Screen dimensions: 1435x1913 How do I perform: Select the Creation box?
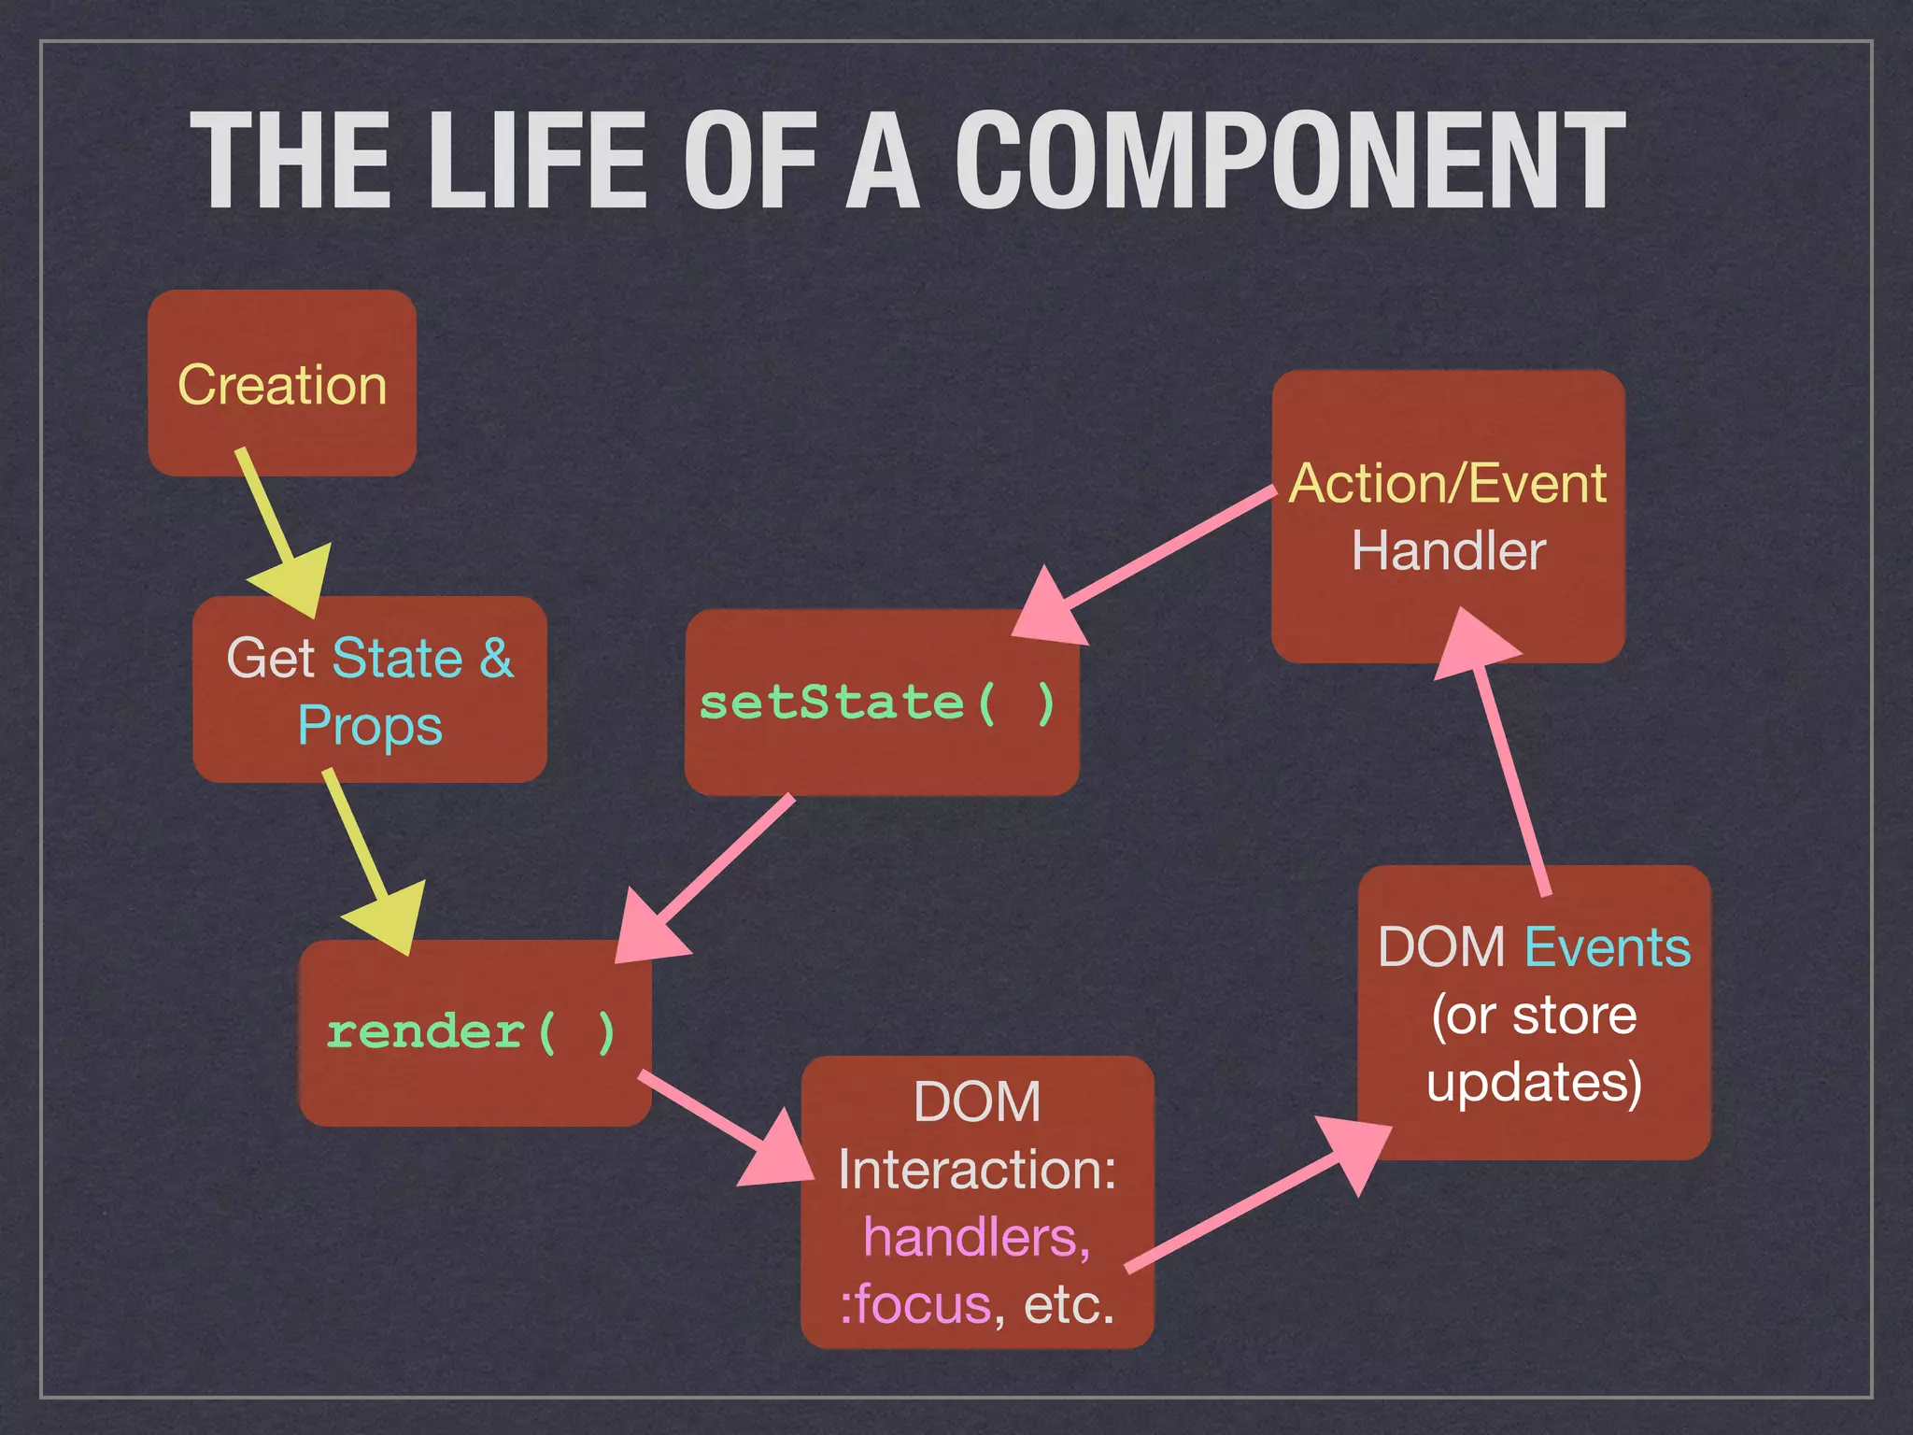(282, 384)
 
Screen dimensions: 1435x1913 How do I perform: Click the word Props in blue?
(370, 727)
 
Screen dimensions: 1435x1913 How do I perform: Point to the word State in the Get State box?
(398, 658)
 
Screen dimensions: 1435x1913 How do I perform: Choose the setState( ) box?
(881, 703)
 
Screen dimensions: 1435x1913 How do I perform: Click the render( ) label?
(472, 1032)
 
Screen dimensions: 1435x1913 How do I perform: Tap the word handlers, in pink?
(977, 1237)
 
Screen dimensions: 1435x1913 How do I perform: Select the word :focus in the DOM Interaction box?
(915, 1304)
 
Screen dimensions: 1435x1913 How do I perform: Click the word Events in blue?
(1607, 947)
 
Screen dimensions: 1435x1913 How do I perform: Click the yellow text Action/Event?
(1448, 484)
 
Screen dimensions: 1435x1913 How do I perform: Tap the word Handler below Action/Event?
(1448, 551)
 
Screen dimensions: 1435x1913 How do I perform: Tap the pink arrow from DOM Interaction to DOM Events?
(1252, 1201)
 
